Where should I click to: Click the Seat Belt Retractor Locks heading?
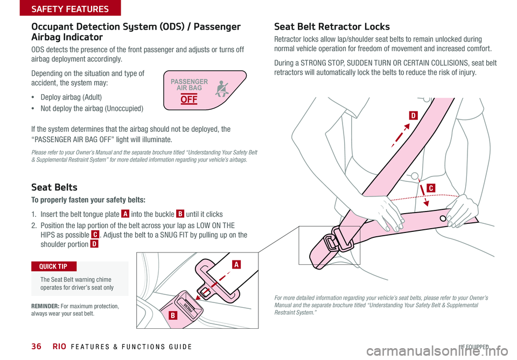click(332, 27)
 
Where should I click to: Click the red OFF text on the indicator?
click(189, 100)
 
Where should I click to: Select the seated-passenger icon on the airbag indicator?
click(221, 88)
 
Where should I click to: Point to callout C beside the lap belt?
click(432, 187)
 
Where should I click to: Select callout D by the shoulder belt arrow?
click(413, 115)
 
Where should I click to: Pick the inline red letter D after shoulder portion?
click(94, 244)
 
